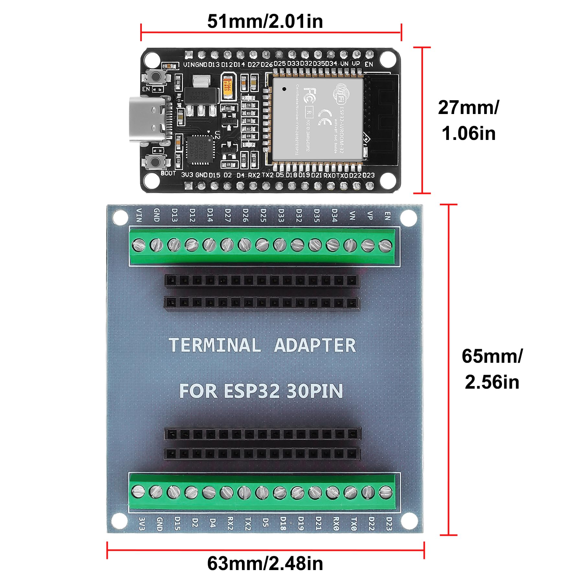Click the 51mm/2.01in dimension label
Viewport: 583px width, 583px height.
coord(265,21)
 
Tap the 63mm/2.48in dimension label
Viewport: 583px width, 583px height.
coord(265,564)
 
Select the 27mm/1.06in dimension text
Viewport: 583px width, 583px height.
coord(469,120)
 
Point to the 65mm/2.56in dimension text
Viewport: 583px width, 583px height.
coord(492,369)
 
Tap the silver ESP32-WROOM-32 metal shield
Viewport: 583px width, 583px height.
coord(317,119)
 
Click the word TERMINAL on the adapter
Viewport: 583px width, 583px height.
coord(215,345)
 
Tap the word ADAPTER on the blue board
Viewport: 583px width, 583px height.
coord(315,345)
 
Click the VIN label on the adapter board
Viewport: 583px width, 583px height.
coord(139,215)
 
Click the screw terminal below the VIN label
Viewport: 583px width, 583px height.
coord(139,245)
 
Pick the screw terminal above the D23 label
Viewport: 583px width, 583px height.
coord(385,492)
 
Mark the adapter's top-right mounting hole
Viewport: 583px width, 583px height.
coord(408,218)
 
